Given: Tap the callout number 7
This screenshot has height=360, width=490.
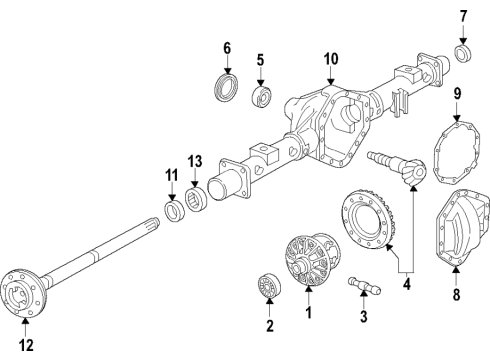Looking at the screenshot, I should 463,16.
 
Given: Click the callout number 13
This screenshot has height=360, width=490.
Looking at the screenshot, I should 194,162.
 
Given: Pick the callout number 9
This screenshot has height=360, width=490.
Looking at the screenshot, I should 458,97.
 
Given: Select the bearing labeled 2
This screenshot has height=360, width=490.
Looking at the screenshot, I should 269,287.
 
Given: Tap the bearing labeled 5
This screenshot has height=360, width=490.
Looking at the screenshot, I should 265,97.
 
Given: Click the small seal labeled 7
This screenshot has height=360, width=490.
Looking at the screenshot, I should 463,52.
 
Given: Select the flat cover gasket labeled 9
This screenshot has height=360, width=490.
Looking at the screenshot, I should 458,151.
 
